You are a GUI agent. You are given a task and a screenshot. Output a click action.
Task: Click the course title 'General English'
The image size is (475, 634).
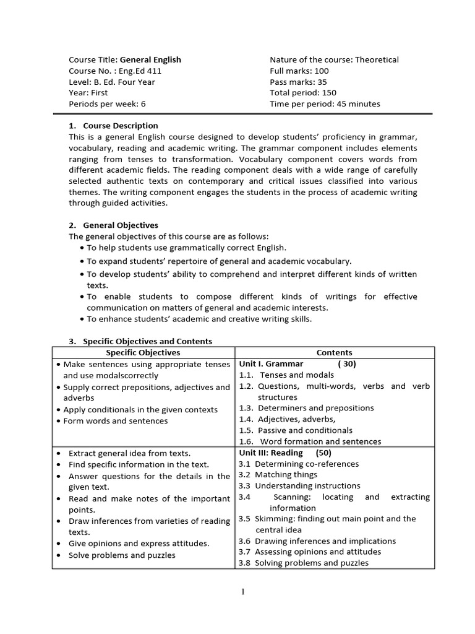[x=150, y=60]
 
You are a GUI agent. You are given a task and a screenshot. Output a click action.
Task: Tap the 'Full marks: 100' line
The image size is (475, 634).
[x=299, y=71]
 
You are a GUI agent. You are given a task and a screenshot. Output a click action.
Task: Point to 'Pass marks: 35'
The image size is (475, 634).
[x=298, y=82]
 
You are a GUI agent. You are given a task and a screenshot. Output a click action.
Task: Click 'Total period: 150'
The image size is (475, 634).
[x=303, y=93]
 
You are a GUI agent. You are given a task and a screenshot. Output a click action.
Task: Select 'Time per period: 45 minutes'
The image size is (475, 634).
[x=325, y=104]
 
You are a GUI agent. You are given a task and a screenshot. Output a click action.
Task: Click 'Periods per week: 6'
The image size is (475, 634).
[x=107, y=104]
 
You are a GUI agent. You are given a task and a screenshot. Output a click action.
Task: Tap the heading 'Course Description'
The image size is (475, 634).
[x=120, y=126]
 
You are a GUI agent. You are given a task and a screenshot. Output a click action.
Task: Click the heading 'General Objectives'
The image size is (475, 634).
[x=120, y=225]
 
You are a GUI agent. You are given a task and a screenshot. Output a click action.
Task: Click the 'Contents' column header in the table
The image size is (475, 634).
[x=334, y=352]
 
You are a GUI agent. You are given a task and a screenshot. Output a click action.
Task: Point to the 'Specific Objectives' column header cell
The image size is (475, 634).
[x=143, y=352]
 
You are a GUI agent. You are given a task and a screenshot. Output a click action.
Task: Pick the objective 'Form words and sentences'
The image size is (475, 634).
[x=115, y=421]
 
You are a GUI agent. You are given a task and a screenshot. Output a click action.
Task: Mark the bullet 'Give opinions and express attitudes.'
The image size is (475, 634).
[x=139, y=544]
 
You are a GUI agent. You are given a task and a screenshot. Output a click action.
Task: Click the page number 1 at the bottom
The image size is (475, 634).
[x=243, y=592]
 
